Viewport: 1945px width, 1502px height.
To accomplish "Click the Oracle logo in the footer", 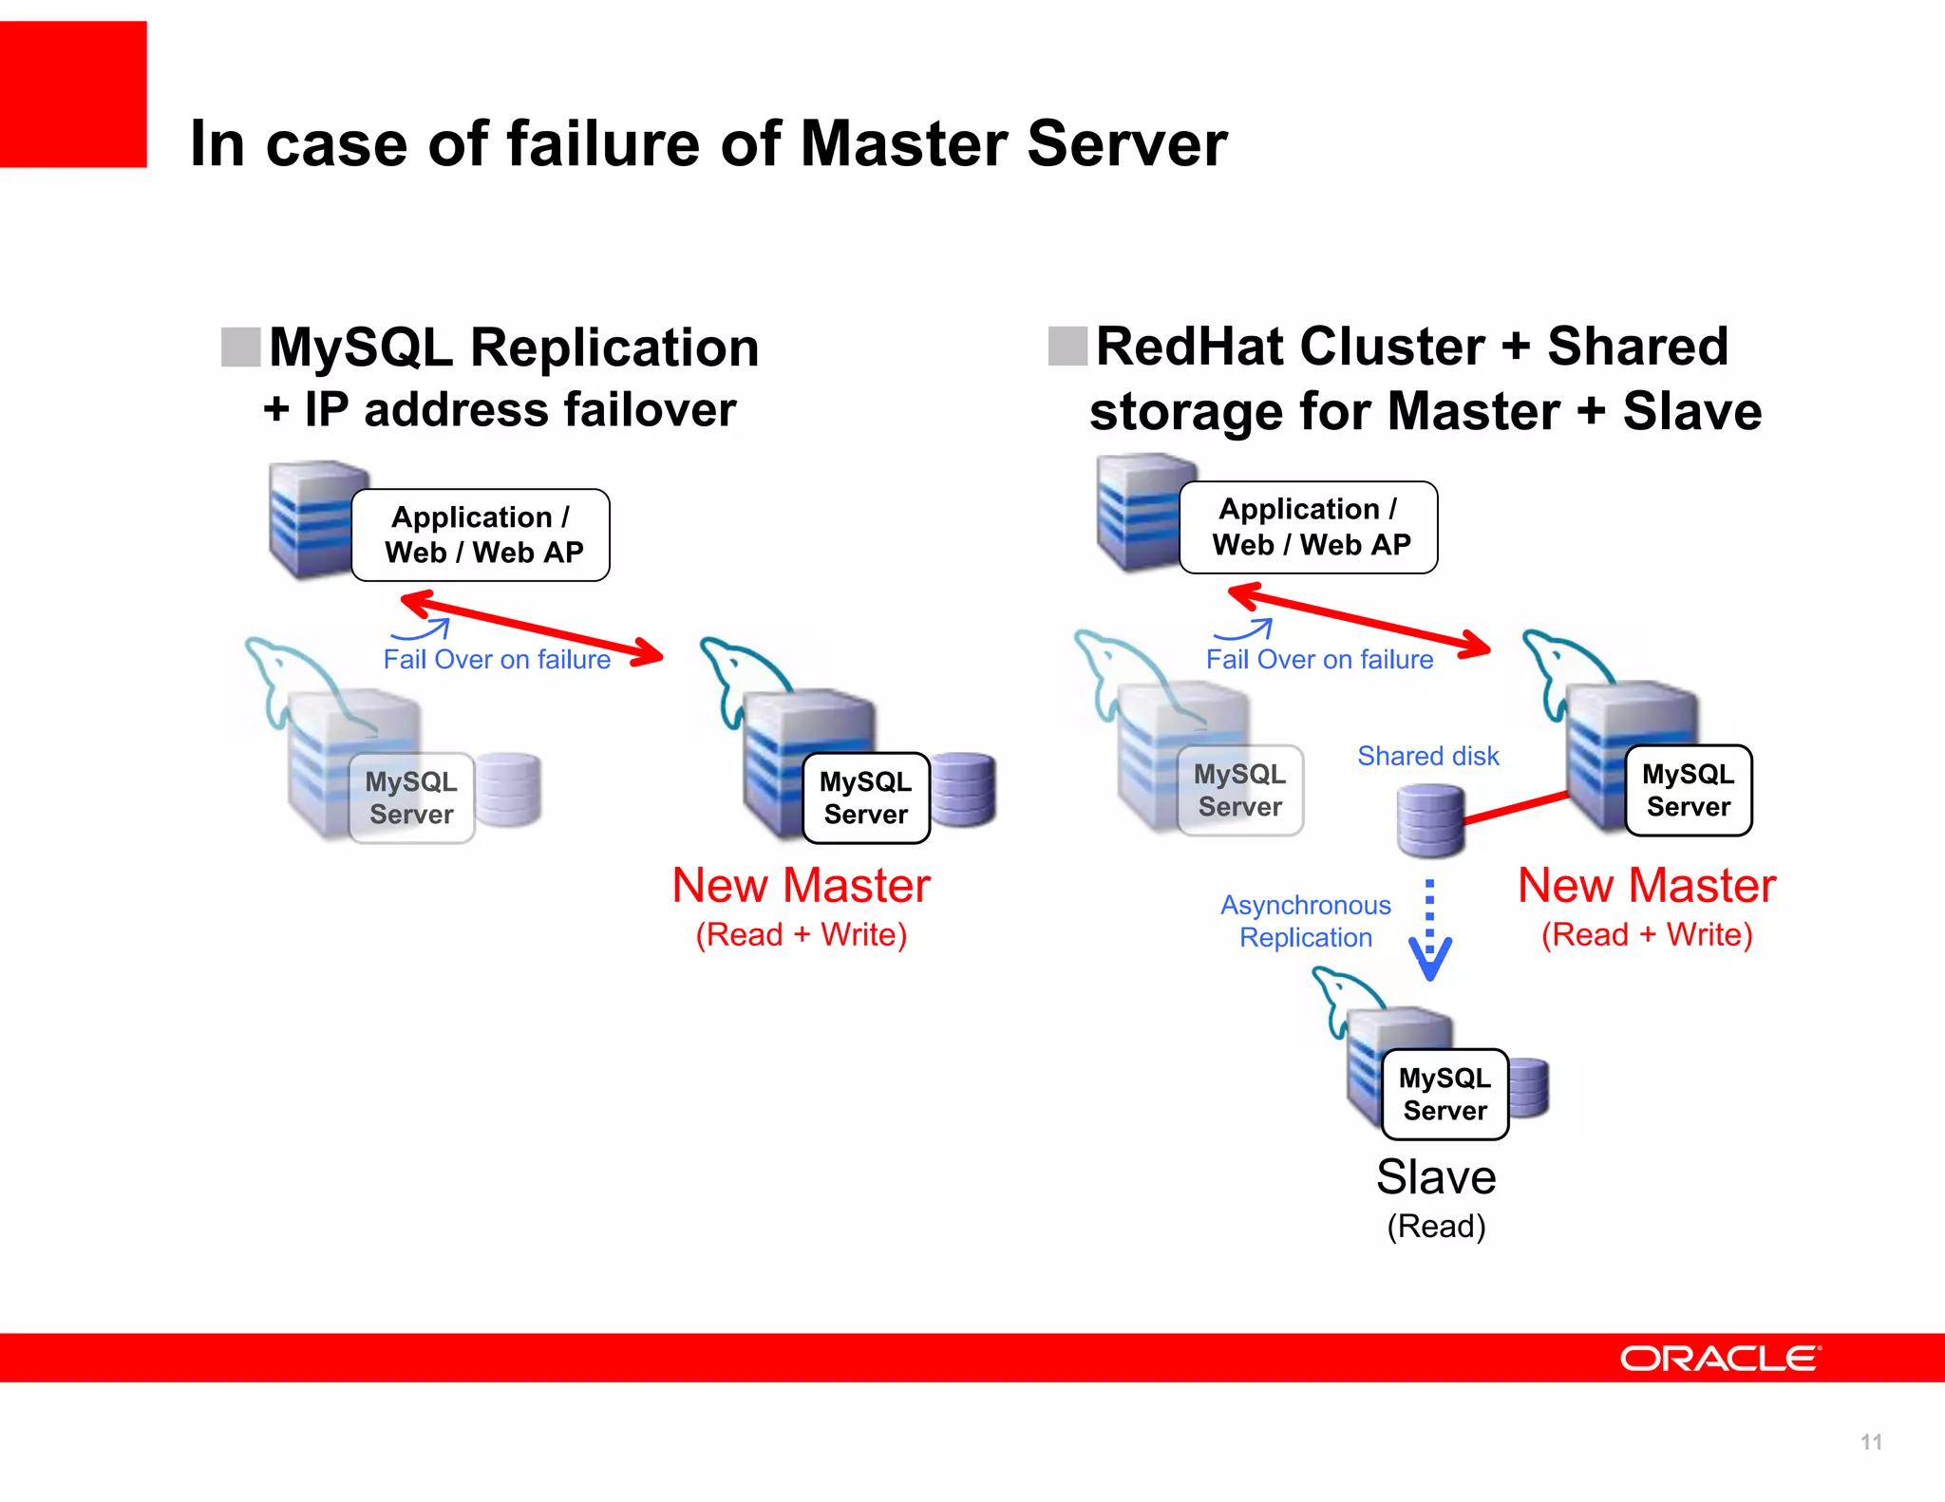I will (1720, 1359).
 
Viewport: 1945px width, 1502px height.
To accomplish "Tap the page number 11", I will (1870, 1442).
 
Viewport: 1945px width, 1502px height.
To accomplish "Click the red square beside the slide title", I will (73, 94).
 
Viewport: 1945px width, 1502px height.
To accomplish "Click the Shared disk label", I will (1427, 756).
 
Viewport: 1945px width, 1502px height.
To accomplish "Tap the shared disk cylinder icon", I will (1429, 818).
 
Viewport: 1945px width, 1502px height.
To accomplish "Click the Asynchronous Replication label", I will (1305, 921).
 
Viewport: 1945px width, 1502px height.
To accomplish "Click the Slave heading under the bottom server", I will (1436, 1177).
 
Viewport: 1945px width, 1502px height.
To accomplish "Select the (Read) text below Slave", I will (1436, 1226).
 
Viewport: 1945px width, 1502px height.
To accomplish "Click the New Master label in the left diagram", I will (801, 885).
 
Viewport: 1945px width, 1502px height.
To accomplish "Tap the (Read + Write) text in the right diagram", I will (1646, 934).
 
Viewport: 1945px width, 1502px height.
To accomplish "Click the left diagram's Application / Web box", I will (481, 535).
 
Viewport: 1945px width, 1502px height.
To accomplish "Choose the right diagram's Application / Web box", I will (1308, 527).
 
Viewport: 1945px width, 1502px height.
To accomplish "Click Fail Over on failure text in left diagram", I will (497, 659).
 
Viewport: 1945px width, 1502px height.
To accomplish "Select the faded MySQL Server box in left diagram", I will (411, 798).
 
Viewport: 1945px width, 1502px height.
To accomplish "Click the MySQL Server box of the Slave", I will (1445, 1094).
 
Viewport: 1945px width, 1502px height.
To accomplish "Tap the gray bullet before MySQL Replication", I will (240, 347).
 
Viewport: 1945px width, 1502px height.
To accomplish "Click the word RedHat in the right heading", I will (1195, 346).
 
